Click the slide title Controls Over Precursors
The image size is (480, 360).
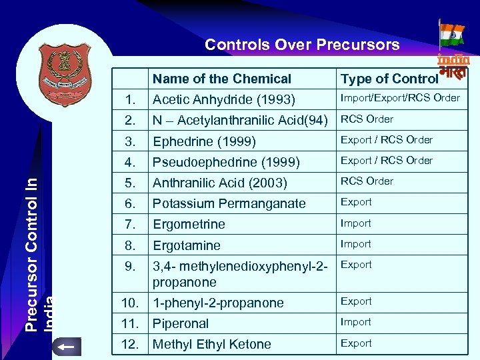pyautogui.click(x=302, y=45)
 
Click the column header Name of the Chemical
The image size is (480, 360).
pyautogui.click(x=222, y=79)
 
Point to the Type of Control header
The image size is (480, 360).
pyautogui.click(x=389, y=79)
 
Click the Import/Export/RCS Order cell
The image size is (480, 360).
pyautogui.click(x=400, y=98)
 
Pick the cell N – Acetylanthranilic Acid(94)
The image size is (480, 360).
pyautogui.click(x=241, y=121)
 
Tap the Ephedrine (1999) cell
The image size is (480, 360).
pyautogui.click(x=204, y=141)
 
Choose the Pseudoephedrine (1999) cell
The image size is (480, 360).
pyautogui.click(x=226, y=162)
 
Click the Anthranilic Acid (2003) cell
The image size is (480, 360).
pyautogui.click(x=220, y=183)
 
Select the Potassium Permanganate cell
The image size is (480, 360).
pyautogui.click(x=229, y=203)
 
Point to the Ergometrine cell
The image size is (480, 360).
pyautogui.click(x=189, y=224)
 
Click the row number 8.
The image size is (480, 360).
pyautogui.click(x=131, y=245)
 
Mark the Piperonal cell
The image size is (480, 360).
pyautogui.click(x=181, y=323)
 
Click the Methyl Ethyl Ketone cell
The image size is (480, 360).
pyautogui.click(x=212, y=344)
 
